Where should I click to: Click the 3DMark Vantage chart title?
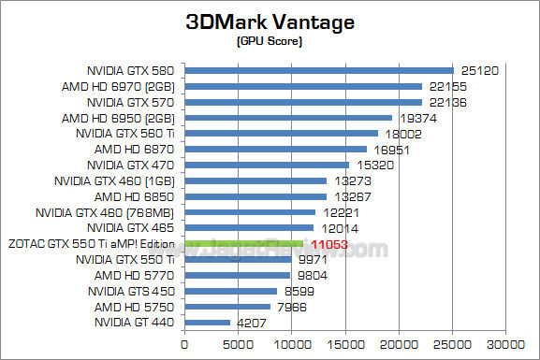pos(270,23)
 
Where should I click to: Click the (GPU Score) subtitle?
pos(270,42)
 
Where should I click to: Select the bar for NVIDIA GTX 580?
pos(318,70)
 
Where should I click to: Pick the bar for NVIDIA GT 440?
pos(207,323)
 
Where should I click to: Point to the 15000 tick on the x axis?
pos(345,344)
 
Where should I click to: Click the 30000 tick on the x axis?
pos(506,344)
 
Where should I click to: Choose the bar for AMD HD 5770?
pos(237,275)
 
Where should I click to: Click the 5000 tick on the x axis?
pos(238,344)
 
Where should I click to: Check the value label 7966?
pos(292,307)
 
